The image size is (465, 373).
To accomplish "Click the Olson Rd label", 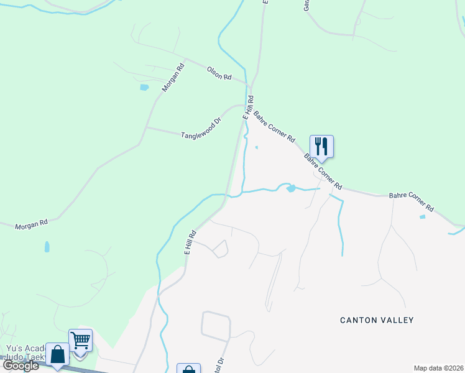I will click(219, 73).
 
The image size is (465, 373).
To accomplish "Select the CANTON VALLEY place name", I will click(377, 320).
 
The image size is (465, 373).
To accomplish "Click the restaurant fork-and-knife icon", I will click(321, 147).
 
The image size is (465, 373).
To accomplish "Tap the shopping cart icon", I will click(81, 341).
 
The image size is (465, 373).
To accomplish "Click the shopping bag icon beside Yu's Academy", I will click(58, 356).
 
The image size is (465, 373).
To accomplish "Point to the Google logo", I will click(21, 366).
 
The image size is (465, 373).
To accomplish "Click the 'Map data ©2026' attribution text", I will click(439, 368).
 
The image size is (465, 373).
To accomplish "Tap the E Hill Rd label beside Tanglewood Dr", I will click(247, 107).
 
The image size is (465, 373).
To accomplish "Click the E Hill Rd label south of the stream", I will click(190, 242).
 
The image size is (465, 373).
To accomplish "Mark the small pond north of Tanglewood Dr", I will click(144, 87).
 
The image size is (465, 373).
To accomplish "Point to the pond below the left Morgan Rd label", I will click(47, 247).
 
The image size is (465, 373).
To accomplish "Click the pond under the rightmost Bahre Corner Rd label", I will click(423, 217).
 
